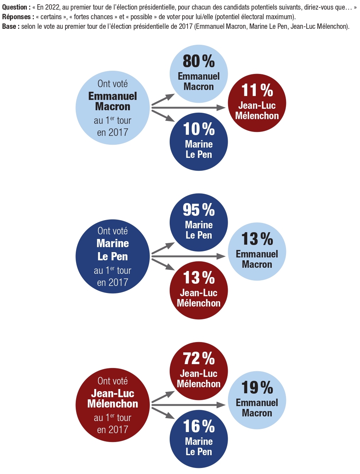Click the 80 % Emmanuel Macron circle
click(198, 74)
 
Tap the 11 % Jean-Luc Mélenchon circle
click(257, 103)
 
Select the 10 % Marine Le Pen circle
click(198, 142)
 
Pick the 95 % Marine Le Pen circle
click(198, 223)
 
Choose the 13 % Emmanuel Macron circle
click(257, 252)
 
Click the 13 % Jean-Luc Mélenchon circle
click(198, 291)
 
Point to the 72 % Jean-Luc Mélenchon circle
click(198, 371)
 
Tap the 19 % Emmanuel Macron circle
click(257, 400)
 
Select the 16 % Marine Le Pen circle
click(198, 439)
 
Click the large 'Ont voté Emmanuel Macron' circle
click(112, 108)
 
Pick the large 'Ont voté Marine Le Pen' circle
click(112, 256)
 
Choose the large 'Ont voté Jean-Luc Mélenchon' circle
click(112, 405)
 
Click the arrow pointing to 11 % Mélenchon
click(189, 107)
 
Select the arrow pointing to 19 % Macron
click(189, 405)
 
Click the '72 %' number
click(198, 358)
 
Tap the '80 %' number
click(198, 61)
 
